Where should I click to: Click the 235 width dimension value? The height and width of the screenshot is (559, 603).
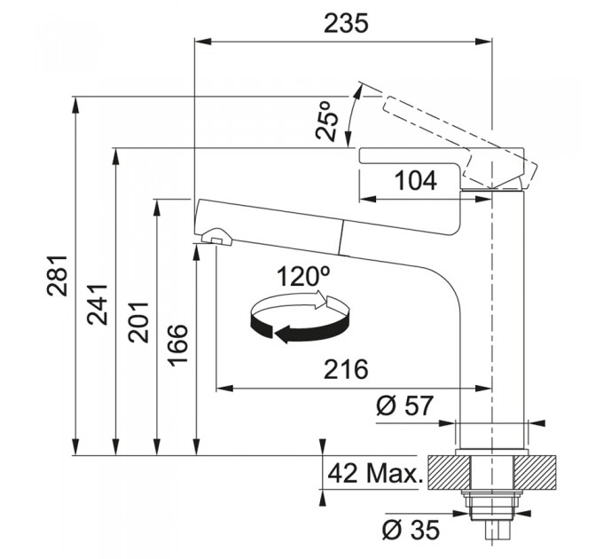(x=346, y=23)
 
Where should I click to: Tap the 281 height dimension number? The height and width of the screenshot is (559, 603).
(x=58, y=275)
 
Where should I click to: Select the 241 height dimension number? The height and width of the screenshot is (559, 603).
(x=97, y=304)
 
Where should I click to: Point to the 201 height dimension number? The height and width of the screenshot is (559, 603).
(x=138, y=322)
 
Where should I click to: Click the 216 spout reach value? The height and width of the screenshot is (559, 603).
(x=346, y=369)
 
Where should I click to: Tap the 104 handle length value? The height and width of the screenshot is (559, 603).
(x=416, y=181)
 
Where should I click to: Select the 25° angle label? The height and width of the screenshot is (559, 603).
(x=327, y=121)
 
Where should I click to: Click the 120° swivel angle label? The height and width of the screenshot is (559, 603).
(x=303, y=276)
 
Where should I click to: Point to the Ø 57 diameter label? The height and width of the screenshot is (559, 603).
(x=404, y=405)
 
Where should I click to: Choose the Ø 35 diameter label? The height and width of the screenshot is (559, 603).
(x=411, y=530)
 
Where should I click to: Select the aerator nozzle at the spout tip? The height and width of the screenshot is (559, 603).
(x=216, y=236)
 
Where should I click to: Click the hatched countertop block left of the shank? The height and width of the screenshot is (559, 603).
(x=449, y=472)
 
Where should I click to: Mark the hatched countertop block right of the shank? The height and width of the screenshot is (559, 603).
(x=536, y=472)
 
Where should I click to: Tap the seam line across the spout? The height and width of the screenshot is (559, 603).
(x=341, y=238)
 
